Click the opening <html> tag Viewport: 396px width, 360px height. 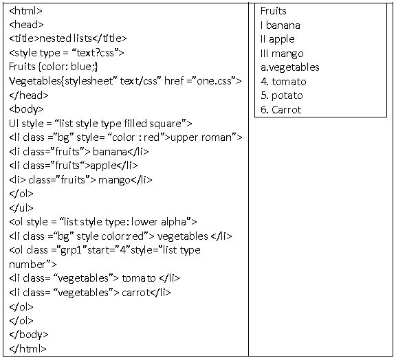pos(25,11)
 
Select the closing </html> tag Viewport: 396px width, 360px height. pos(27,348)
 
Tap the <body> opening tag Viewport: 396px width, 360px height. pos(26,109)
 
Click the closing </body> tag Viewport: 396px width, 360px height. pos(29,335)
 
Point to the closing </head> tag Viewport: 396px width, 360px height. pos(29,95)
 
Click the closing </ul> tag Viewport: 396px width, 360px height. pos(21,207)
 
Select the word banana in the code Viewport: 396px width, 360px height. pos(110,151)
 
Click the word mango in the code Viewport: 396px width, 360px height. pos(114,180)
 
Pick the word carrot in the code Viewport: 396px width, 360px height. pos(136,293)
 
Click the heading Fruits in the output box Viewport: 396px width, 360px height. pos(273,11)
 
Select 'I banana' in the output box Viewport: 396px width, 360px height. pos(280,25)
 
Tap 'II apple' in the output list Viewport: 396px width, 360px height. pos(278,39)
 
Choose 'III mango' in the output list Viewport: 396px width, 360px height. pos(282,54)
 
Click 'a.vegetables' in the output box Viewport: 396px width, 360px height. pos(290,67)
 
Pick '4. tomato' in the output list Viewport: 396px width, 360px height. pos(283,82)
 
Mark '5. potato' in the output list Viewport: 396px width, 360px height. pos(282,95)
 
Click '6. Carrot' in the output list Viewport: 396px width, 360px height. pos(280,110)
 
